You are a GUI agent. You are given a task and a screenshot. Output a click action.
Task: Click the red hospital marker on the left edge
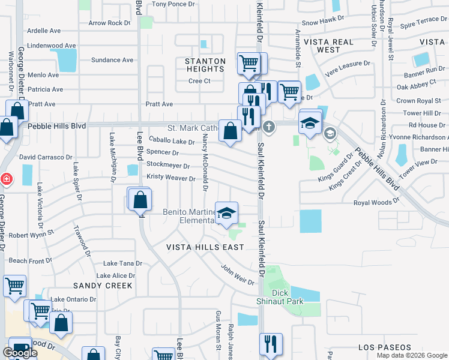(5, 179)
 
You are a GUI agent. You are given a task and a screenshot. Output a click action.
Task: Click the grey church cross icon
(269, 127)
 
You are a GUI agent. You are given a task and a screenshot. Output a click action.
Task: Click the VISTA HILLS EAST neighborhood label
(205, 247)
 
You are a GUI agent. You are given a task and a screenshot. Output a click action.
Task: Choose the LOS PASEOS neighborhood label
(384, 347)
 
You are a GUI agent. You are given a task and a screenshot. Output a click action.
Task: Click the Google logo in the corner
(20, 353)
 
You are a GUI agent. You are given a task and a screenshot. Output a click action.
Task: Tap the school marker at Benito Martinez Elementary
(227, 213)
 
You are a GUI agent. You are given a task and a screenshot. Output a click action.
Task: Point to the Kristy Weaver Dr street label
(171, 179)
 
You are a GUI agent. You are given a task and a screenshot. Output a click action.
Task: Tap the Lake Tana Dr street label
(122, 263)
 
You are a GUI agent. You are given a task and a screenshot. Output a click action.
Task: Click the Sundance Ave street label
(112, 60)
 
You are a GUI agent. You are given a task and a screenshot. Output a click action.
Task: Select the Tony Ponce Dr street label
(173, 4)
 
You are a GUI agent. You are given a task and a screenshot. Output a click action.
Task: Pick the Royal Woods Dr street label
(376, 203)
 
